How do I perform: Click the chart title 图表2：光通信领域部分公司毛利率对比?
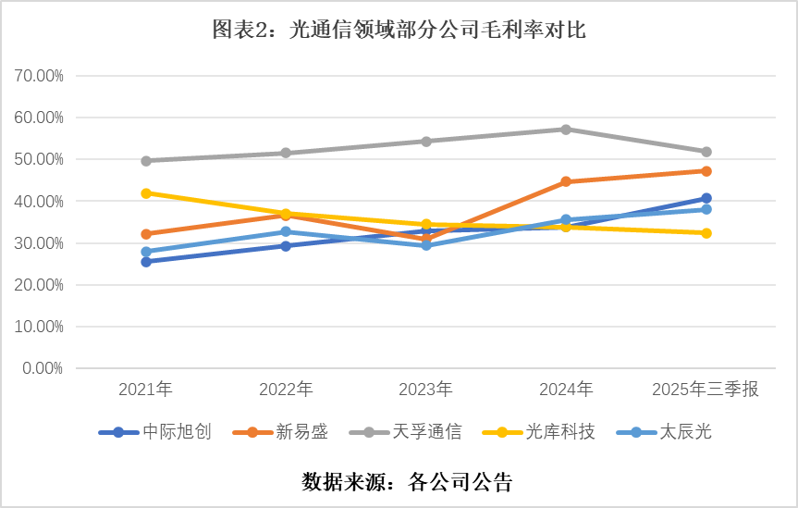coord(399,31)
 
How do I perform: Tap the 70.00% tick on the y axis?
coord(39,76)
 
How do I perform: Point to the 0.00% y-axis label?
coord(43,368)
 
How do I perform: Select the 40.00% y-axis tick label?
coord(39,202)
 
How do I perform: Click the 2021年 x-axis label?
coord(145,390)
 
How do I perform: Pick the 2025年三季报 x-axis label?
coord(706,390)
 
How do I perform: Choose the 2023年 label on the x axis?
coord(425,390)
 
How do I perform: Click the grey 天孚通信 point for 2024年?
coord(566,130)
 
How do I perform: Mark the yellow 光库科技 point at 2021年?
coord(146,193)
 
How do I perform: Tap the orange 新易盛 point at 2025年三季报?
coord(706,171)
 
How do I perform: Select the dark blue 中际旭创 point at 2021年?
coord(146,262)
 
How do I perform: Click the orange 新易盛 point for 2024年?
coord(566,182)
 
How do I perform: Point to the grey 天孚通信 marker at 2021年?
coord(146,161)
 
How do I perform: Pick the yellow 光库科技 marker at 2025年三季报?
coord(706,233)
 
